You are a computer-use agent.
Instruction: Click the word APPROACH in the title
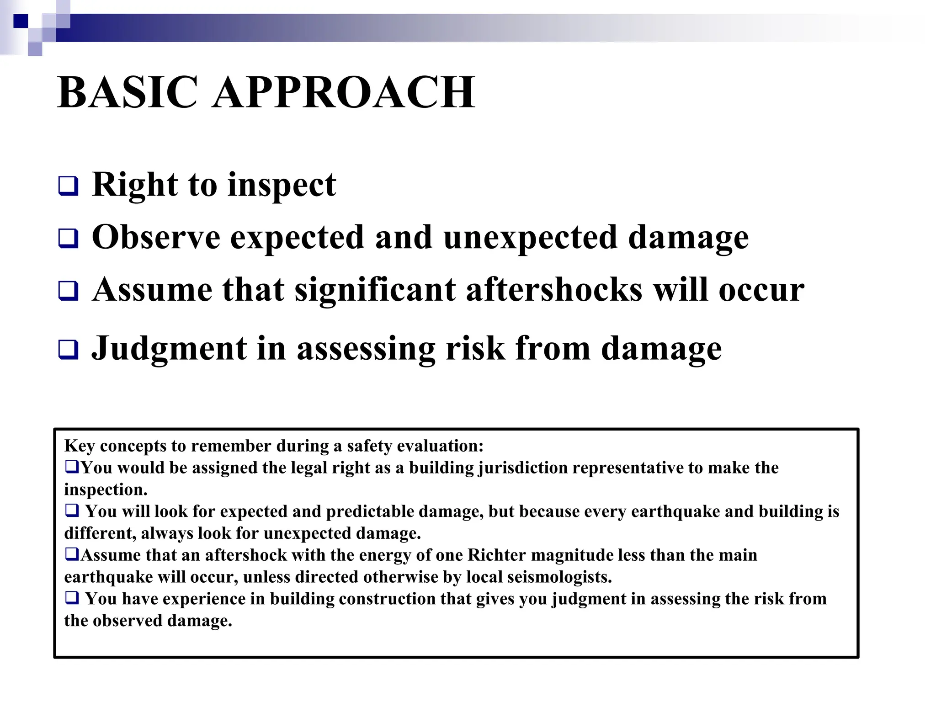coord(344,93)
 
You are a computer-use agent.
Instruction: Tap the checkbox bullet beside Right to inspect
coord(68,186)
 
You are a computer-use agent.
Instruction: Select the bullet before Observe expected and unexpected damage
coord(68,239)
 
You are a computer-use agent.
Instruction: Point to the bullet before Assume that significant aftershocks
coord(68,291)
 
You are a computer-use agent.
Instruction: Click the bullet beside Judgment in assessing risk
coord(68,350)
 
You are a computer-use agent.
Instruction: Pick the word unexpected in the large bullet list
coord(530,238)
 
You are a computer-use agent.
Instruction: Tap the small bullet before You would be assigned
coord(72,467)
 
